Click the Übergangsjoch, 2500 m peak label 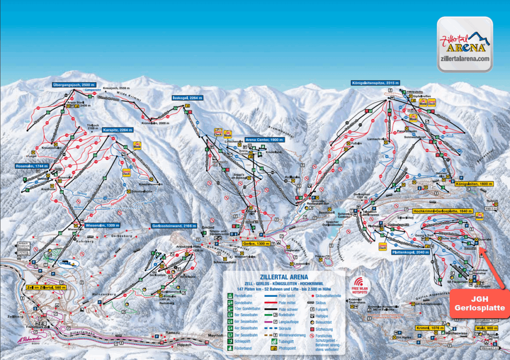[x=74, y=85]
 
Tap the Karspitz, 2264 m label [x=118, y=130]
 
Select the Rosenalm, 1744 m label [x=32, y=166]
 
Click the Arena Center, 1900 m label [x=264, y=140]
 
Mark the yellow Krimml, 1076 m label [x=429, y=328]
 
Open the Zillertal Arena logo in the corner [x=465, y=44]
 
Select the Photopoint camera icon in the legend [x=273, y=348]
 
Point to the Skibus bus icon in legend [x=311, y=302]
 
